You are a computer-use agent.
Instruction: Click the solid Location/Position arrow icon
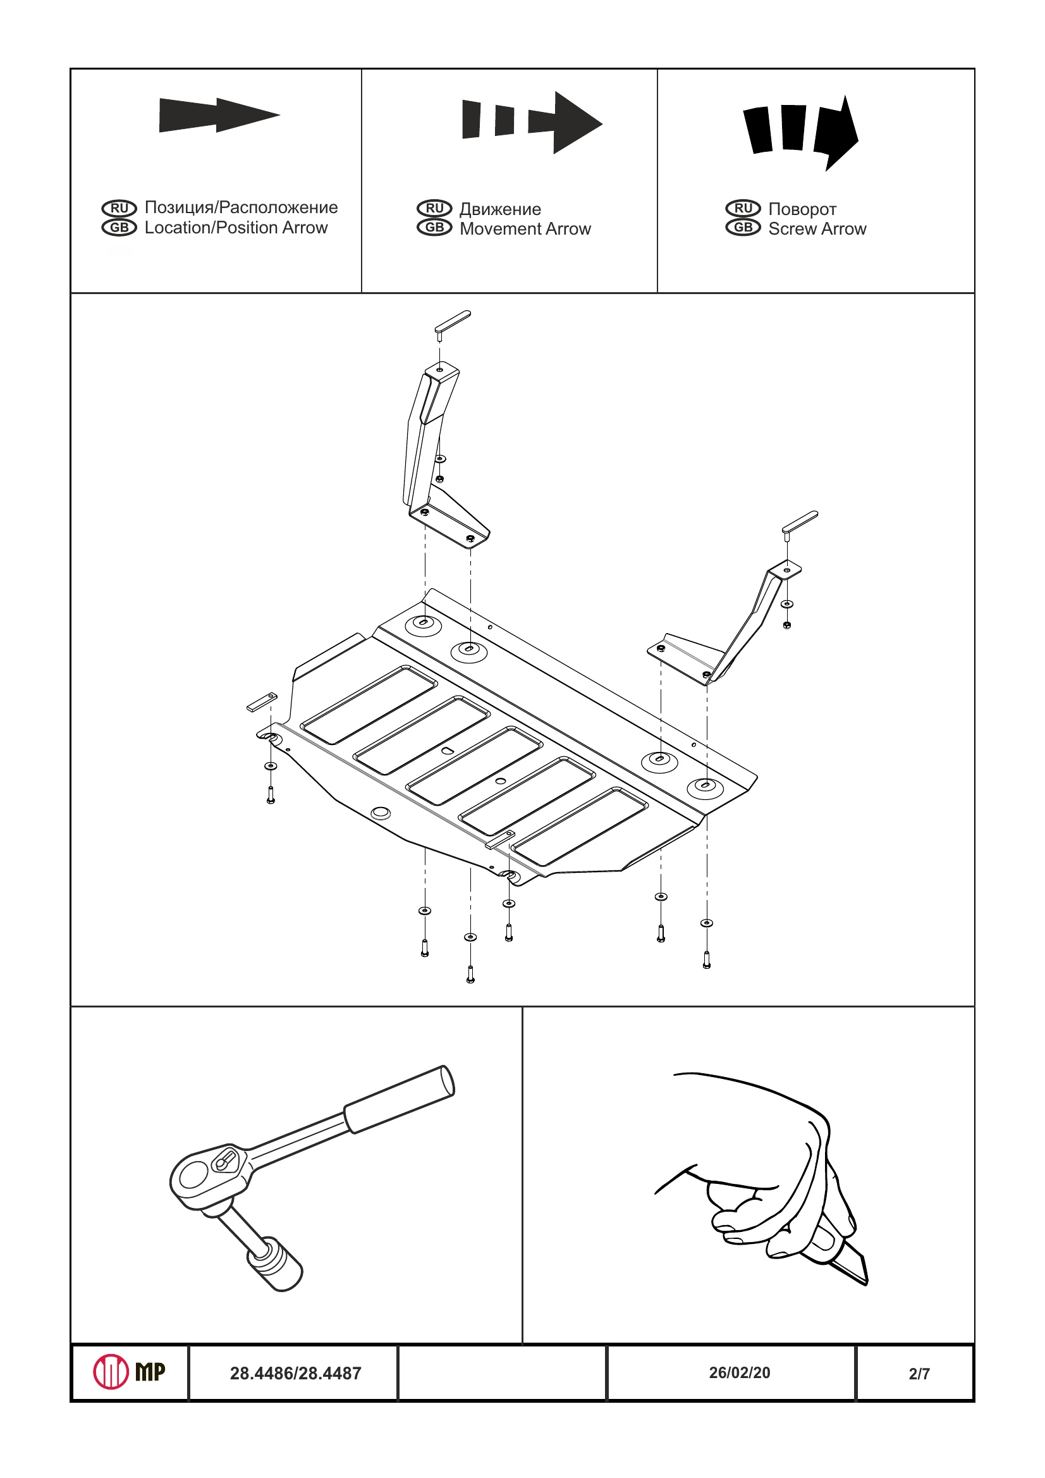tap(219, 115)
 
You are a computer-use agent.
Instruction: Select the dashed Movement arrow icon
tap(532, 122)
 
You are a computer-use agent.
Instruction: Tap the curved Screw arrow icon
tap(801, 132)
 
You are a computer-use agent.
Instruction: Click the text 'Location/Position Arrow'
tap(236, 228)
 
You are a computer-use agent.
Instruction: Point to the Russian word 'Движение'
tap(500, 209)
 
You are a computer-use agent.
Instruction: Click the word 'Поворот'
tap(802, 209)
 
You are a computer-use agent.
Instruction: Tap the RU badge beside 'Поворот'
tap(743, 208)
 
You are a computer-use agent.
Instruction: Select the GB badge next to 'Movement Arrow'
tap(434, 227)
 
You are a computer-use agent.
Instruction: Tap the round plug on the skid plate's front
tap(381, 813)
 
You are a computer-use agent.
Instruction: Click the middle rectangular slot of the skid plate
tap(475, 765)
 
